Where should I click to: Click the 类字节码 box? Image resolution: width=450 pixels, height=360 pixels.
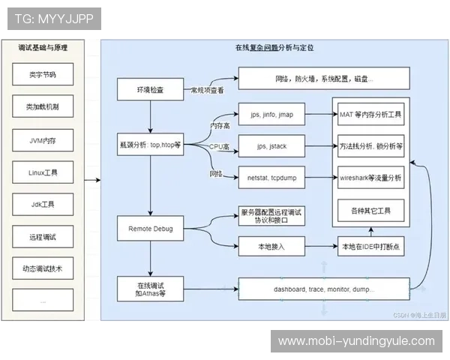pyautogui.click(x=42, y=75)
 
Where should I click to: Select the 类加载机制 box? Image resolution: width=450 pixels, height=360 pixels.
pyautogui.click(x=42, y=107)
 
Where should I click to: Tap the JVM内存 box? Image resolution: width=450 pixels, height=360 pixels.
pyautogui.click(x=42, y=139)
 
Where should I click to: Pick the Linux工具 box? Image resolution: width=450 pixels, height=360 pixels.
pyautogui.click(x=42, y=172)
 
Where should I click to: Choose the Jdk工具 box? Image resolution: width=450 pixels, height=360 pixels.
pyautogui.click(x=42, y=204)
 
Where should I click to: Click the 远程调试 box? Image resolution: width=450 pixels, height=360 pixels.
pyautogui.click(x=42, y=236)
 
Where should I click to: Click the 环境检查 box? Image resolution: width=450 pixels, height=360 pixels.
pyautogui.click(x=150, y=90)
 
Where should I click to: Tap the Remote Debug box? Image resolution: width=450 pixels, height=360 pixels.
pyautogui.click(x=150, y=227)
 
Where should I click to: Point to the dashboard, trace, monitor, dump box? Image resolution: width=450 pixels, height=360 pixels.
pyautogui.click(x=324, y=289)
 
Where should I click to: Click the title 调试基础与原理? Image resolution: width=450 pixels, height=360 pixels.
pyautogui.click(x=42, y=48)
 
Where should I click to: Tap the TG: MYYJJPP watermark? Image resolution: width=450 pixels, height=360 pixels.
pyautogui.click(x=49, y=18)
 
